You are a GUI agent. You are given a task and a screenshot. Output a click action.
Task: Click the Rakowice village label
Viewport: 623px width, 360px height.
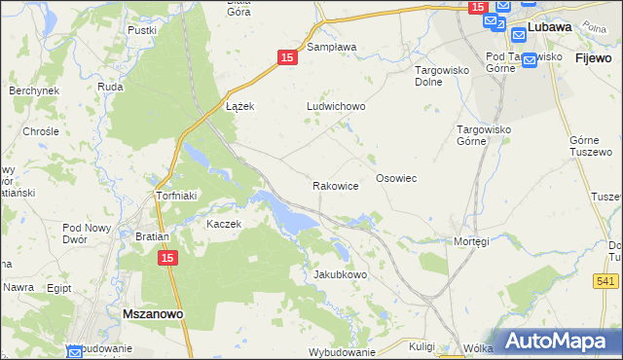click(x=336, y=185)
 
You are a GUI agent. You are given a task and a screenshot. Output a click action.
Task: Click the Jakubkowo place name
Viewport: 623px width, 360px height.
click(x=340, y=274)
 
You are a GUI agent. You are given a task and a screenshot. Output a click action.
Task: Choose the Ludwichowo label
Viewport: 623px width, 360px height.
click(x=336, y=107)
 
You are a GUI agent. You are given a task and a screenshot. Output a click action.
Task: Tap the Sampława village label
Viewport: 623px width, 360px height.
click(x=332, y=47)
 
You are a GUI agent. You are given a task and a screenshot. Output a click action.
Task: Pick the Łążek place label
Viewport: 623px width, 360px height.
click(x=239, y=106)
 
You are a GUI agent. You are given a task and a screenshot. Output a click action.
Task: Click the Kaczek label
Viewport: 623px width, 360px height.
click(x=223, y=224)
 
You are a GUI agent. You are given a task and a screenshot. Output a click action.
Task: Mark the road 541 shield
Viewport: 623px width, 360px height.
click(x=605, y=281)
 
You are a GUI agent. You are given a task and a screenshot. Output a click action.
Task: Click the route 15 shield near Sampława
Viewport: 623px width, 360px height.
click(x=286, y=58)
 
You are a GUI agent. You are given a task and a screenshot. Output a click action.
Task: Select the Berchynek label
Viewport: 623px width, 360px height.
click(x=35, y=90)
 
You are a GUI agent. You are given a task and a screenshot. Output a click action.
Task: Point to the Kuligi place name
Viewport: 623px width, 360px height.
click(x=421, y=345)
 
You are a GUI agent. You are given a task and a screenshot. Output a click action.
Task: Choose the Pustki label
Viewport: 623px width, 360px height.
click(x=142, y=30)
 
